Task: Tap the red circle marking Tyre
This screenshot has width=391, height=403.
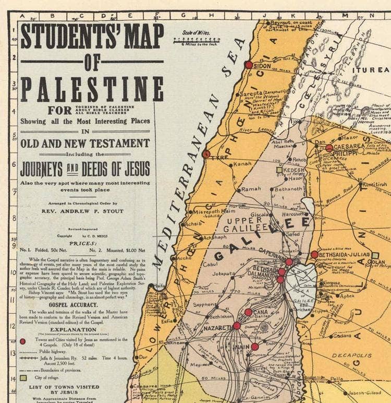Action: coord(206,154)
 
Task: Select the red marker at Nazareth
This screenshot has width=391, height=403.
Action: coord(237,326)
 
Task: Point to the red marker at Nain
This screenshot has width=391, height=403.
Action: coord(255,347)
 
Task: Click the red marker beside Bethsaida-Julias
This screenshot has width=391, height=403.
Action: coord(314,254)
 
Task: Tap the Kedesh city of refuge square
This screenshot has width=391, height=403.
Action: coord(279,170)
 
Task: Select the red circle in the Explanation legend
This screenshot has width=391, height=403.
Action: coord(22,341)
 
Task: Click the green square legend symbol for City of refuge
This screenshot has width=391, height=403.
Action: coord(22,376)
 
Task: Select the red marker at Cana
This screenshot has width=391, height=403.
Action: coord(248,312)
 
